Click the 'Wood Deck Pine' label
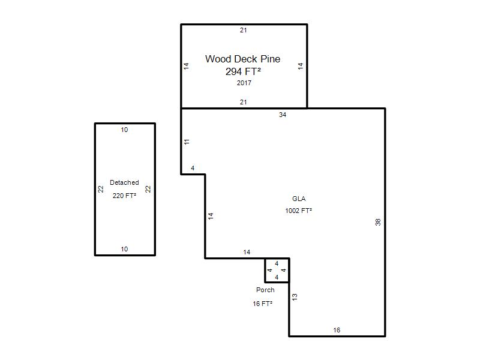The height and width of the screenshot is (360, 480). (243, 59)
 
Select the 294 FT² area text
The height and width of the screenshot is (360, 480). (243, 71)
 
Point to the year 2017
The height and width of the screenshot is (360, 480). (244, 83)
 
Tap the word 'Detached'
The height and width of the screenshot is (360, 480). (124, 182)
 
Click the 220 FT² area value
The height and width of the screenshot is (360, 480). (124, 196)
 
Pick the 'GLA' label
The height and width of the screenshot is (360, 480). (299, 199)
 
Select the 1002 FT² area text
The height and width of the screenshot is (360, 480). (298, 211)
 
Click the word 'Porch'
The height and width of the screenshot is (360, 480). (265, 290)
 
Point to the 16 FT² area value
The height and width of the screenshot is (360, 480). (262, 304)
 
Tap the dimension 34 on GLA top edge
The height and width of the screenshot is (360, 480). (283, 115)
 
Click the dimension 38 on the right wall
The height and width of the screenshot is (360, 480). (378, 222)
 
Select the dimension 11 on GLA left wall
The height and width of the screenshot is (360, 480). (187, 142)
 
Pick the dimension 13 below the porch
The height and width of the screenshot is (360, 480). (295, 297)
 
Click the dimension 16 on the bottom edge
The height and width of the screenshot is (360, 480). (337, 330)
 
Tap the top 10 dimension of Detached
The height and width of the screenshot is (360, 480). (124, 130)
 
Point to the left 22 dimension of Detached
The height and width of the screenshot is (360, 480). (101, 189)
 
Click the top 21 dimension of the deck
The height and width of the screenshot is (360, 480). (244, 31)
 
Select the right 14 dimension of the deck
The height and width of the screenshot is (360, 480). (301, 66)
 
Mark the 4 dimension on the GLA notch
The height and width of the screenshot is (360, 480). (193, 168)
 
